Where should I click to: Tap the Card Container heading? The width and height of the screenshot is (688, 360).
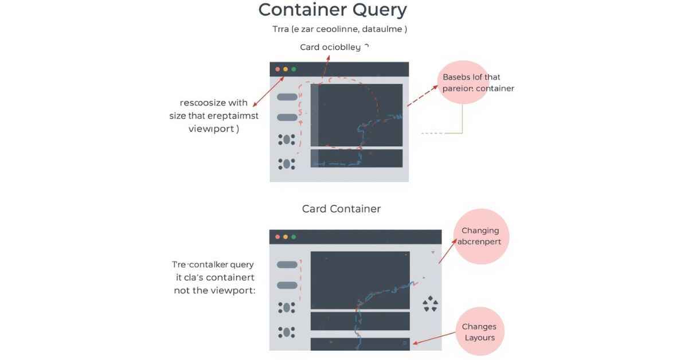[x=341, y=209]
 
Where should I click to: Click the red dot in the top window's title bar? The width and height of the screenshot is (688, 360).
[x=277, y=69]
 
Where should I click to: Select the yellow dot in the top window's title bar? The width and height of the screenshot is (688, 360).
[x=286, y=69]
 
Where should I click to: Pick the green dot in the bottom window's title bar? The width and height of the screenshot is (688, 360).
[x=294, y=237]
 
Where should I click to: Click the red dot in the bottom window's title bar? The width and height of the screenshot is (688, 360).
[x=277, y=237]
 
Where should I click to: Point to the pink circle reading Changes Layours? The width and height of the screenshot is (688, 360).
[x=479, y=331]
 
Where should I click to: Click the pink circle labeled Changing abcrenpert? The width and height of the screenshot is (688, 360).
[x=480, y=236]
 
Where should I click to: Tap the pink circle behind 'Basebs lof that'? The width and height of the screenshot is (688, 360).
[x=464, y=83]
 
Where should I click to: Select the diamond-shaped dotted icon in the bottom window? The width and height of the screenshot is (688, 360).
[x=430, y=304]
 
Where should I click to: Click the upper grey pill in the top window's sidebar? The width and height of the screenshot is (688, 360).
[x=287, y=97]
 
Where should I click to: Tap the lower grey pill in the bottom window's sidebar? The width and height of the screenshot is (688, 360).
[x=287, y=285]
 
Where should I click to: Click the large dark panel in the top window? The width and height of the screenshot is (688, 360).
[x=357, y=115]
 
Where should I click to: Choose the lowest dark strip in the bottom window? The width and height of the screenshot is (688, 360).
[x=360, y=343]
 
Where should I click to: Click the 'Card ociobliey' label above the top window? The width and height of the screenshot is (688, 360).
[x=330, y=47]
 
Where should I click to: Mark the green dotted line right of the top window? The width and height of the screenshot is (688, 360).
[x=432, y=133]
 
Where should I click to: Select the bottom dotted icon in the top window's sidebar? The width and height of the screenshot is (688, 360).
[x=286, y=164]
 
